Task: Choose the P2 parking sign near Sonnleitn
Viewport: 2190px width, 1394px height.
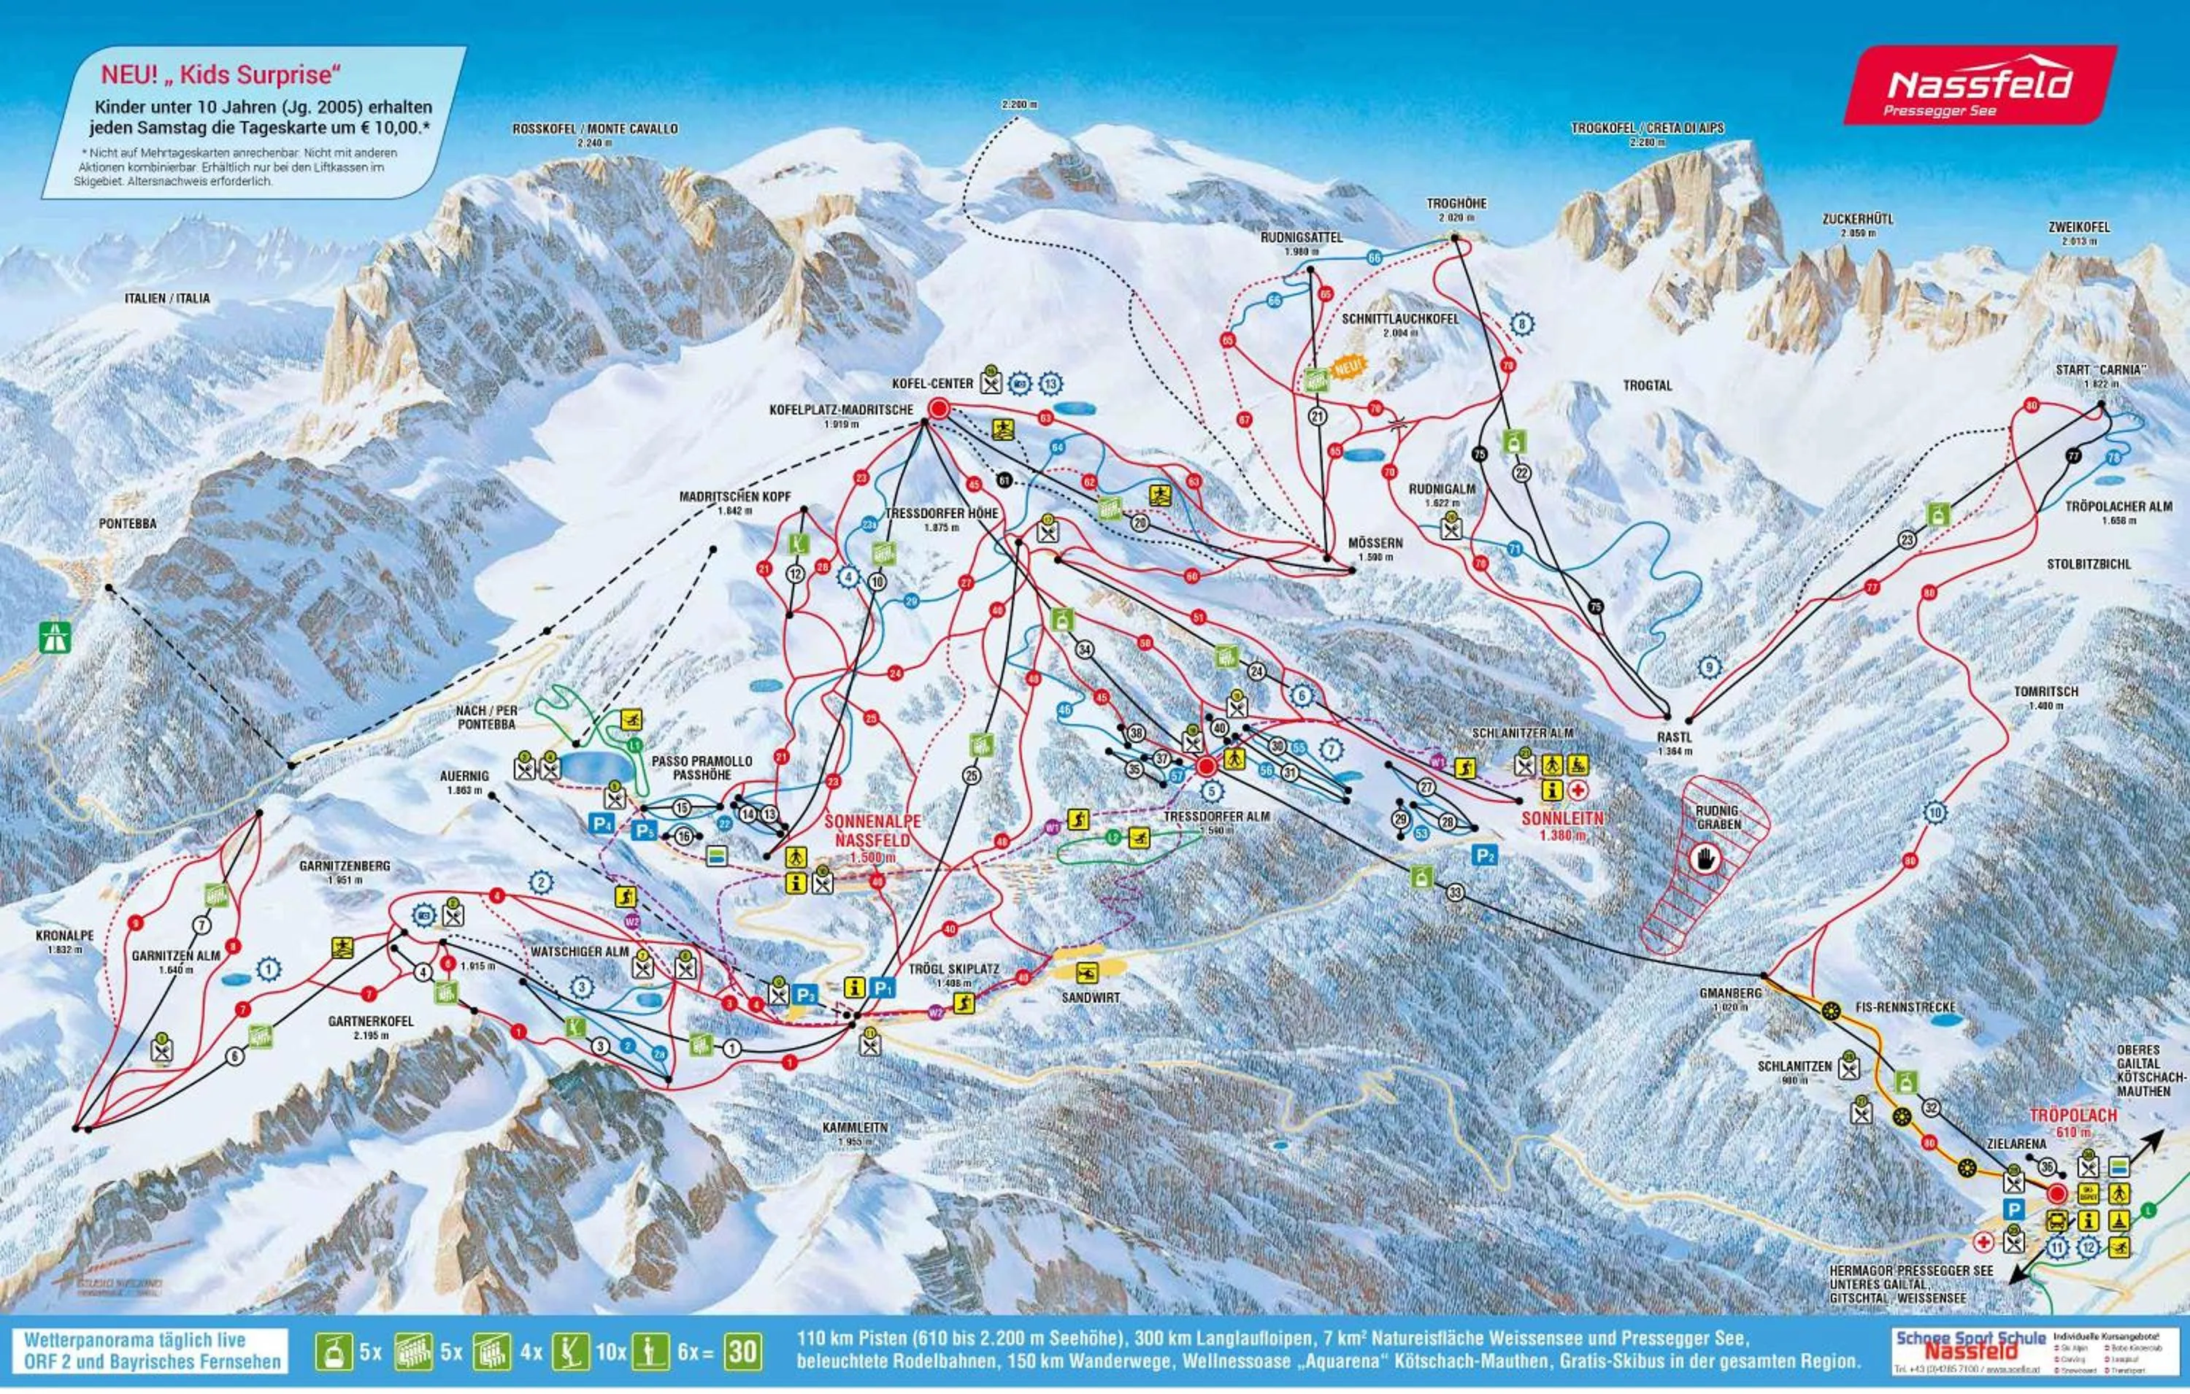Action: [x=1484, y=855]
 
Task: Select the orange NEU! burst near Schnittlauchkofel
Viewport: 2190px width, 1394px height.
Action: [x=1348, y=367]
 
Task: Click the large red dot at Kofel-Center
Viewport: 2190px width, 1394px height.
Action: [x=939, y=410]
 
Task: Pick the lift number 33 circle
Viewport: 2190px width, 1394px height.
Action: [x=1454, y=893]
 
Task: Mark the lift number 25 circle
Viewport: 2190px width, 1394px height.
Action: [x=972, y=776]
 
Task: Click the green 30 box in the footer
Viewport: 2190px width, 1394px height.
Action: [x=742, y=1352]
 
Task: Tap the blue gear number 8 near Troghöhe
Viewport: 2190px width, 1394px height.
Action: [x=1521, y=323]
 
